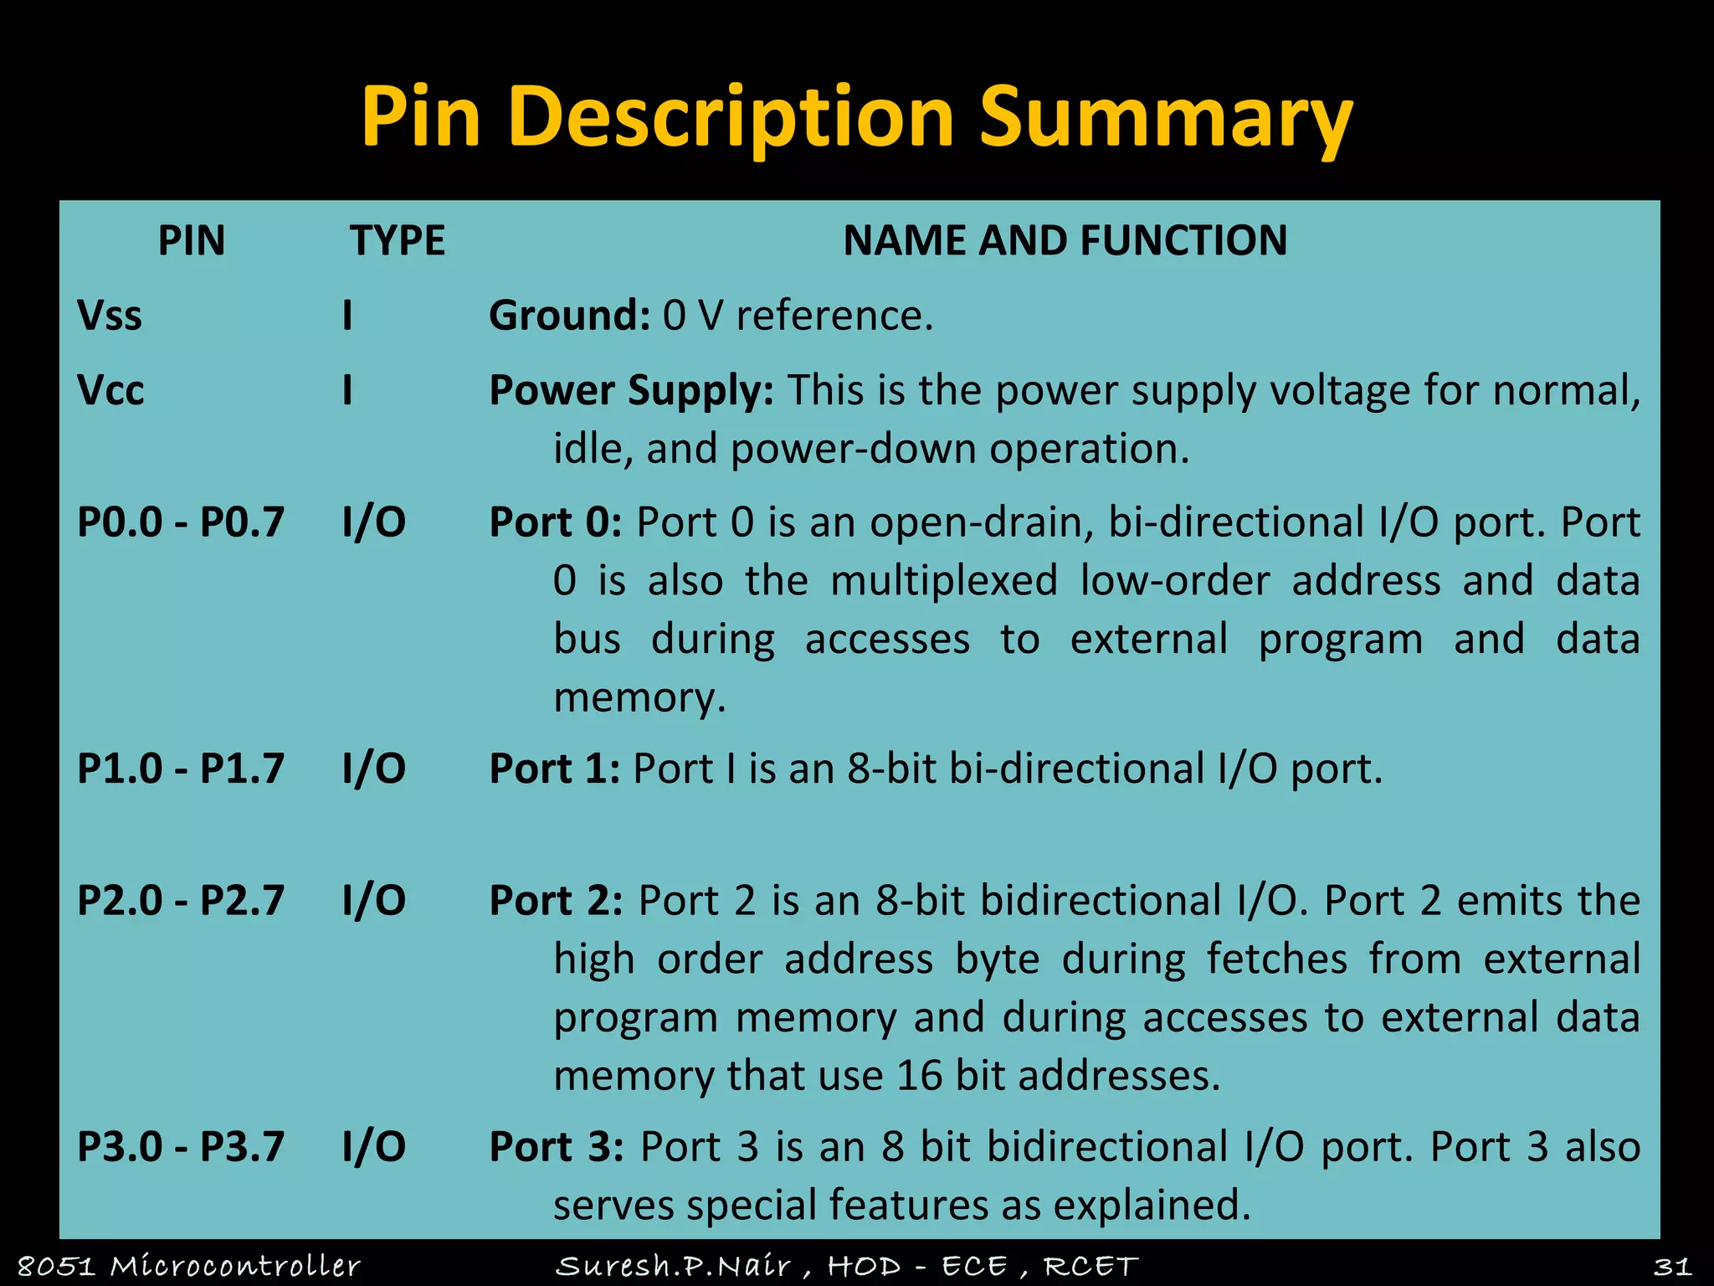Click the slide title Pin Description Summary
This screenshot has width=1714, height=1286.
pyautogui.click(x=856, y=117)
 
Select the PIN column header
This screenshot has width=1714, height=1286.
pyautogui.click(x=192, y=241)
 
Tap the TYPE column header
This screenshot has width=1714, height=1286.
pyautogui.click(x=398, y=241)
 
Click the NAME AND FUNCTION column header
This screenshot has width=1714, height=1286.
pyautogui.click(x=1065, y=241)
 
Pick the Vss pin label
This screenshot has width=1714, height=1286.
pyautogui.click(x=110, y=316)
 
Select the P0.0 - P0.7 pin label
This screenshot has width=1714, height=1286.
pyautogui.click(x=181, y=522)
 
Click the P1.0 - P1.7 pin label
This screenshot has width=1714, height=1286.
pyautogui.click(x=181, y=769)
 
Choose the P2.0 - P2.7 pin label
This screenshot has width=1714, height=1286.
pyautogui.click(x=181, y=901)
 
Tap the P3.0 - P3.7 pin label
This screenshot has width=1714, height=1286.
pyautogui.click(x=181, y=1147)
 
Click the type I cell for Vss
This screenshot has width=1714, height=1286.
pyautogui.click(x=347, y=316)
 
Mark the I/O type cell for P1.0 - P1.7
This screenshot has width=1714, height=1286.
pyautogui.click(x=374, y=769)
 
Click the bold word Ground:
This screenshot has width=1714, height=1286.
pyautogui.click(x=569, y=316)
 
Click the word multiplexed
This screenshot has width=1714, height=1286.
pyautogui.click(x=944, y=581)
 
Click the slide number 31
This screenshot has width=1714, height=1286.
pyautogui.click(x=1672, y=1266)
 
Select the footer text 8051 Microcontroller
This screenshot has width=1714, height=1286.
pyautogui.click(x=189, y=1266)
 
